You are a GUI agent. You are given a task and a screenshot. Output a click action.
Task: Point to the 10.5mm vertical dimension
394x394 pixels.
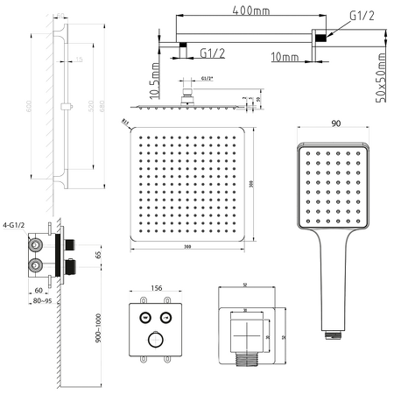click(154, 80)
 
